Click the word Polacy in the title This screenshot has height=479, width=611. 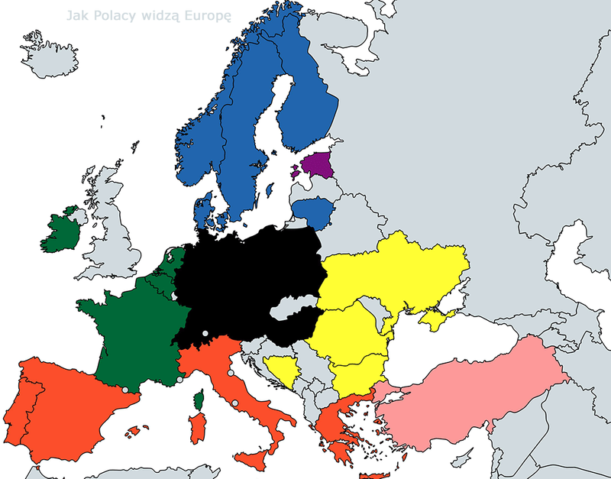click(x=116, y=15)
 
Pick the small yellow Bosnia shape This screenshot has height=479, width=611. click(x=280, y=371)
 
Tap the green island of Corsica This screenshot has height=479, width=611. click(x=199, y=399)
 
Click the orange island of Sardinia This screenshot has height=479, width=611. click(x=197, y=428)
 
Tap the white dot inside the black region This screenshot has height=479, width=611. click(x=205, y=333)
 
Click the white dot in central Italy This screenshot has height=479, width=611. click(x=236, y=403)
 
